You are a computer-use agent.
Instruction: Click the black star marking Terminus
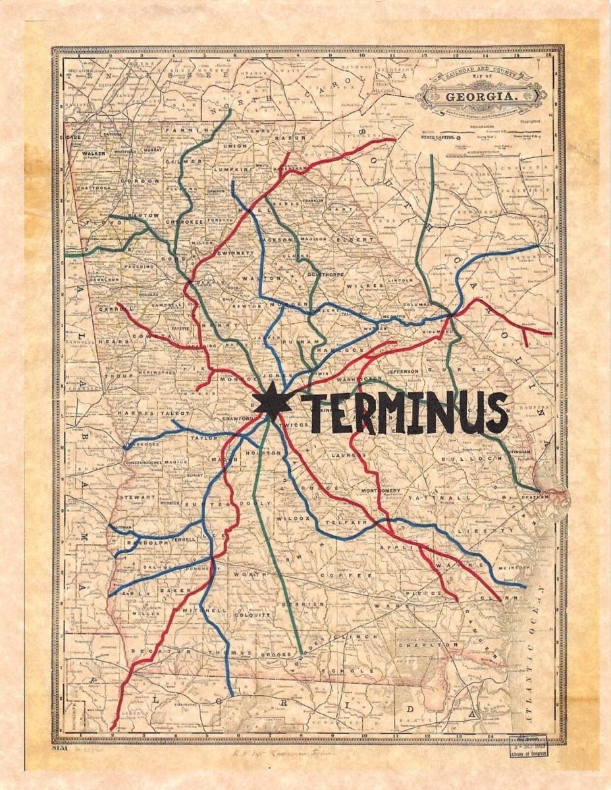click(x=271, y=401)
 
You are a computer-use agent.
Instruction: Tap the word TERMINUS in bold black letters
click(x=404, y=413)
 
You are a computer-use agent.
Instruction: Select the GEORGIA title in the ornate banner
click(x=481, y=97)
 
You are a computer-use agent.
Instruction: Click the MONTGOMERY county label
click(x=381, y=490)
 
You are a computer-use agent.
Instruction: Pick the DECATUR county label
click(x=151, y=650)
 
